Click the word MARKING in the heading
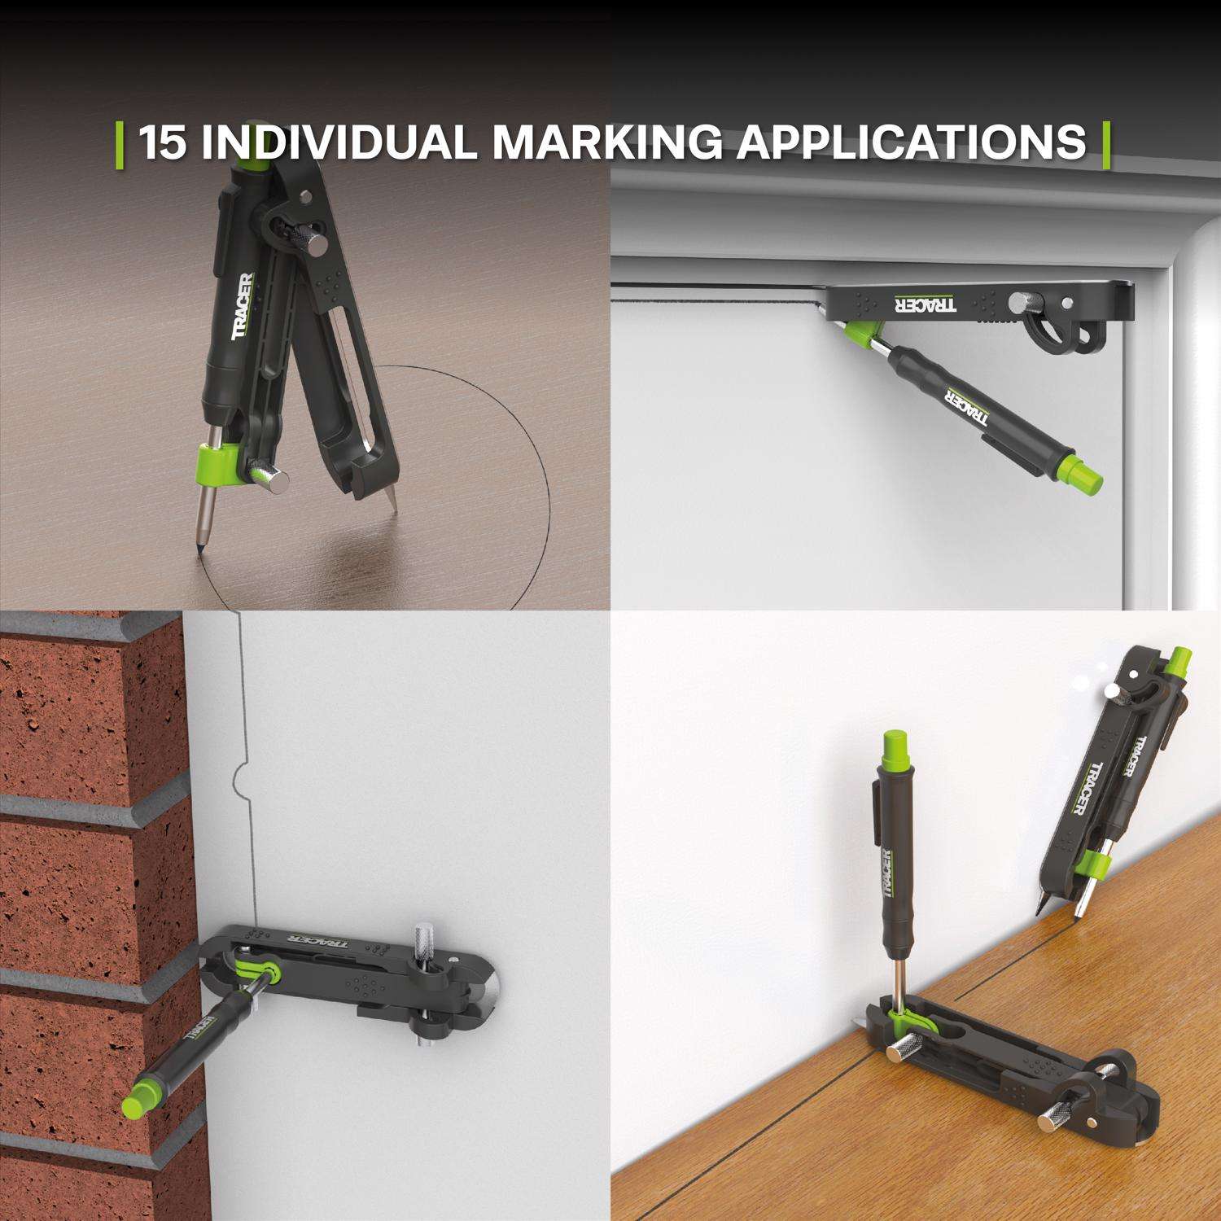[606, 142]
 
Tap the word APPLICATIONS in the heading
[912, 142]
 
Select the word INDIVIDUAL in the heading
[339, 142]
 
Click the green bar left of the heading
[120, 144]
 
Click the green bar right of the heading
[1106, 144]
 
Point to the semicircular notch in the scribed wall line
[239, 782]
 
